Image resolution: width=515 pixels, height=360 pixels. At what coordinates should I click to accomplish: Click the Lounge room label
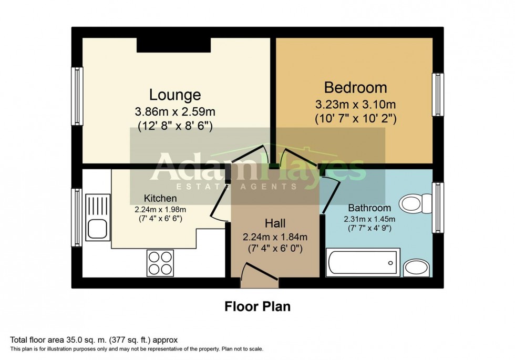pyautogui.click(x=175, y=95)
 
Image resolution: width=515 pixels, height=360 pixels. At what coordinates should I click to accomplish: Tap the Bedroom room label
pyautogui.click(x=355, y=87)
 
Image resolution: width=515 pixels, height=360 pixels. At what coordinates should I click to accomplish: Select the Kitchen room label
pyautogui.click(x=160, y=198)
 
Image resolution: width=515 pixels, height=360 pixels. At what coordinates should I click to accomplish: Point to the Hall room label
pyautogui.click(x=275, y=223)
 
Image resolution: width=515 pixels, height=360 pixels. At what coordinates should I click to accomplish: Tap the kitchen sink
pyautogui.click(x=98, y=217)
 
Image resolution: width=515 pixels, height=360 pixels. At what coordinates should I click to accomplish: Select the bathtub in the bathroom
pyautogui.click(x=362, y=262)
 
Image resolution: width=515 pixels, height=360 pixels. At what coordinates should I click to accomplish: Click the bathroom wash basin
pyautogui.click(x=417, y=267)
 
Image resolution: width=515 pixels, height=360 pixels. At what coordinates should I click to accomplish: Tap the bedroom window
pyautogui.click(x=437, y=95)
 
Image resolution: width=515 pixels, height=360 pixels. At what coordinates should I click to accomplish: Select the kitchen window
pyautogui.click(x=77, y=217)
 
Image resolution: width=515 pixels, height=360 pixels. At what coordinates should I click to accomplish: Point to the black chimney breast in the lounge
pyautogui.click(x=173, y=45)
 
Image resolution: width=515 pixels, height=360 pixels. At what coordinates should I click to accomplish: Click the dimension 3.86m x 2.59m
pyautogui.click(x=175, y=112)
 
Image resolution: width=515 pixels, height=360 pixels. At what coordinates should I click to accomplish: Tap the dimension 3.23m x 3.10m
pyautogui.click(x=355, y=104)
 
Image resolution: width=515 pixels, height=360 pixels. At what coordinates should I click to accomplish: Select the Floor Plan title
pyautogui.click(x=257, y=306)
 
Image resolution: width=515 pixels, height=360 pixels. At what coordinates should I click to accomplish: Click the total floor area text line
pyautogui.click(x=97, y=340)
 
